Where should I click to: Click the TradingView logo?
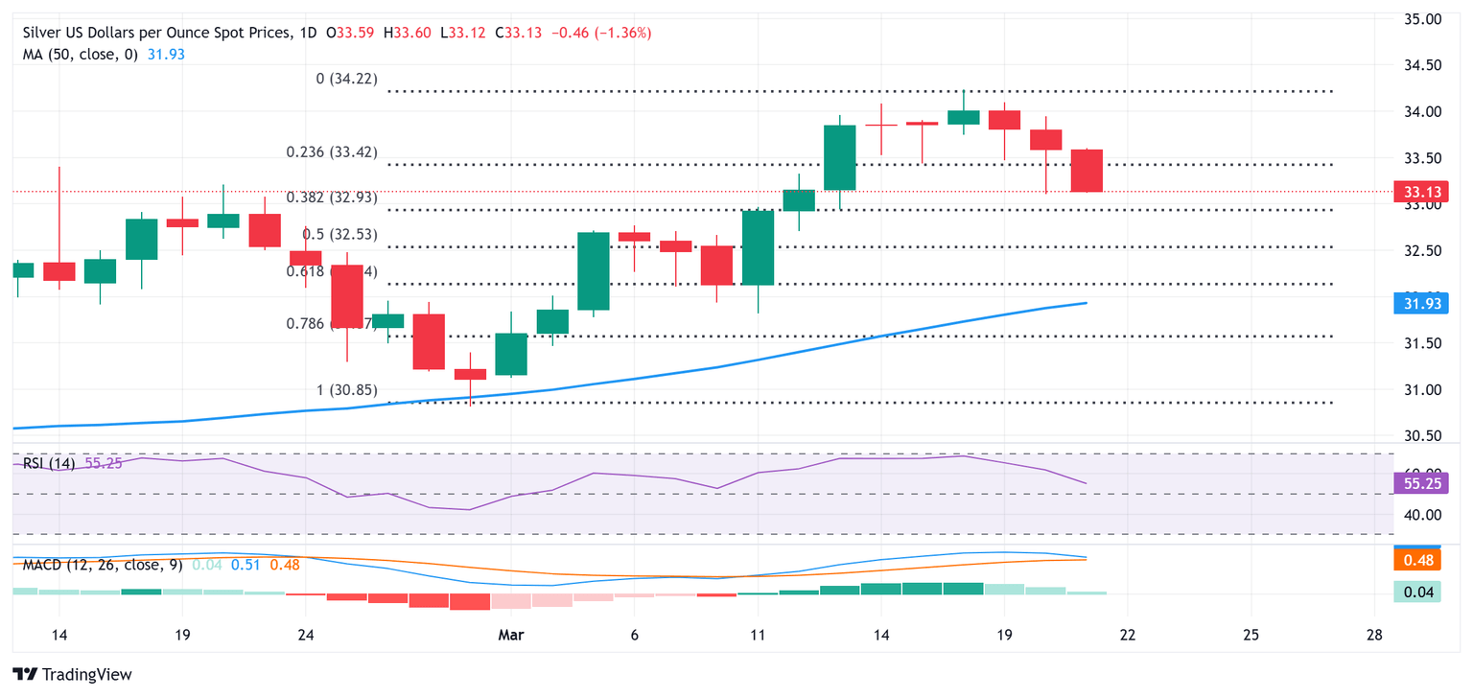point(72,674)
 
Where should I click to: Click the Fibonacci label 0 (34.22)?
point(346,79)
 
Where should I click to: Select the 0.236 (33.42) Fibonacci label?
point(332,152)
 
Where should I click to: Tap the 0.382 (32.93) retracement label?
point(332,197)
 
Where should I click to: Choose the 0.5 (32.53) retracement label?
point(339,234)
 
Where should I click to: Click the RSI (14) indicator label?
point(49,464)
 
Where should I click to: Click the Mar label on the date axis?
point(510,635)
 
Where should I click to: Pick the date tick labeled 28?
point(1374,635)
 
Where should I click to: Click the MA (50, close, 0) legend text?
point(82,55)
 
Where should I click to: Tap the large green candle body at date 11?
point(759,247)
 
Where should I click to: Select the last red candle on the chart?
point(1087,171)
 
